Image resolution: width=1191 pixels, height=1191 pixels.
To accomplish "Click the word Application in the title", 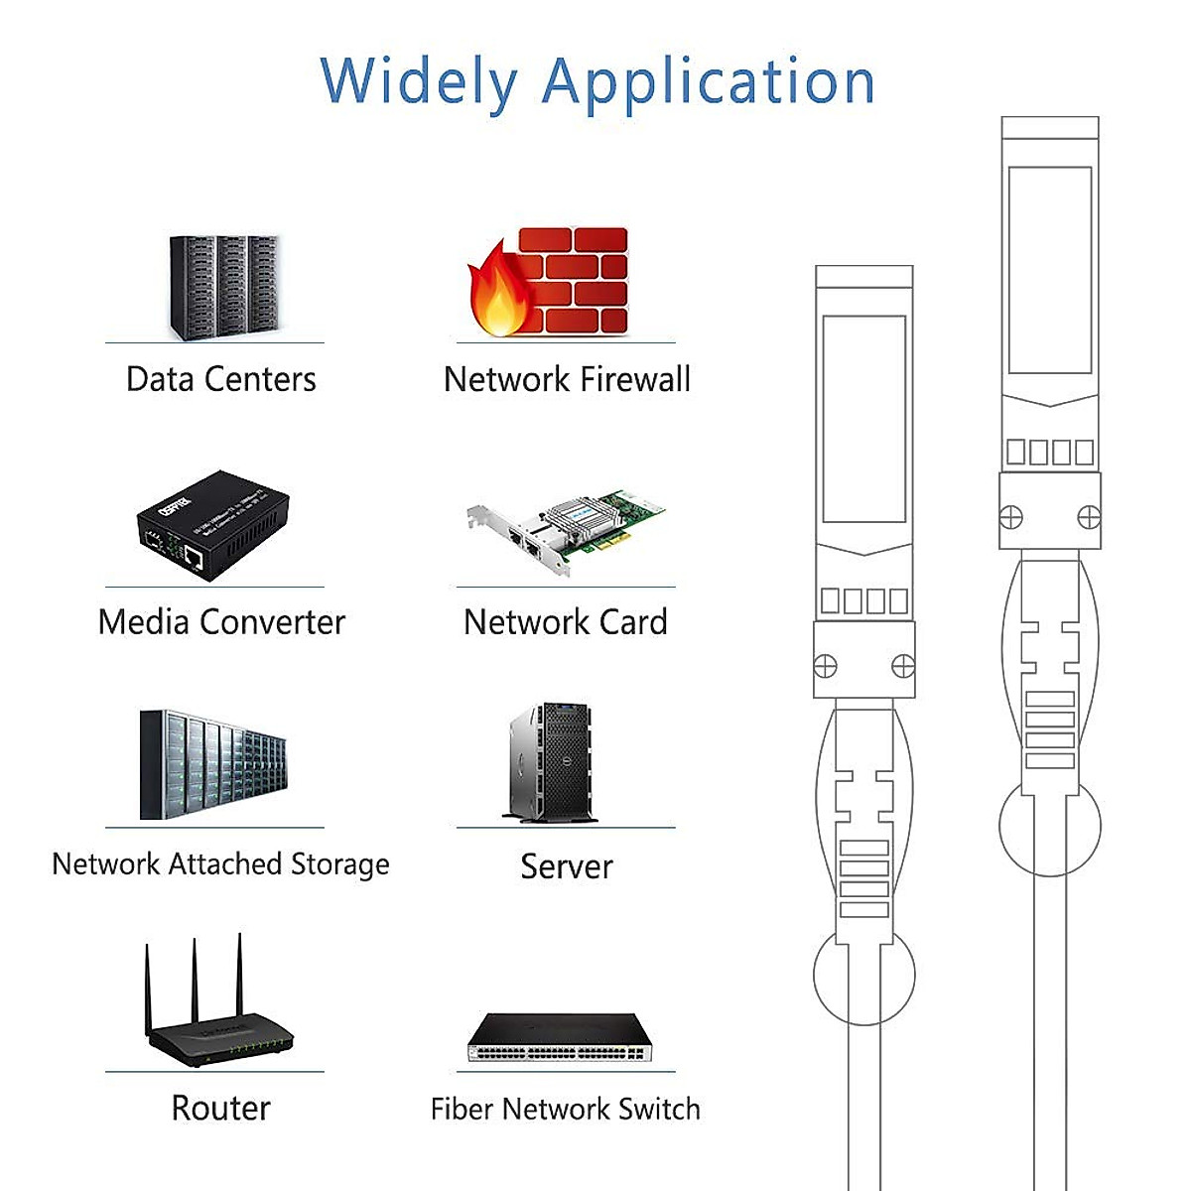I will pos(708,81).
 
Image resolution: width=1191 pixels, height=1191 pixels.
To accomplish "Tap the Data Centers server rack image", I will pos(223,287).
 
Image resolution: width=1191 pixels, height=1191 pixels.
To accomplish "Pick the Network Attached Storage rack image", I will pos(213,764).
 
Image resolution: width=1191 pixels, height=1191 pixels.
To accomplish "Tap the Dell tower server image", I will pos(552,762).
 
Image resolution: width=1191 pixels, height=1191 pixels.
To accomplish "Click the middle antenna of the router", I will pos(195,983).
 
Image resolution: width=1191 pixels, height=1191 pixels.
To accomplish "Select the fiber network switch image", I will pos(561,1038).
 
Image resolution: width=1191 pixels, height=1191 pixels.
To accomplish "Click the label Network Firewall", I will pos(567,379).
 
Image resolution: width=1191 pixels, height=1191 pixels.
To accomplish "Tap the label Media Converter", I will pos(221,622).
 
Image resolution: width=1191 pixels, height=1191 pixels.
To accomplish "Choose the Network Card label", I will pos(566,622).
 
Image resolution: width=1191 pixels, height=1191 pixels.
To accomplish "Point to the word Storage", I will pos(339,864).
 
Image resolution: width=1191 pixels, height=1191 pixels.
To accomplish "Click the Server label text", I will pos(567,866).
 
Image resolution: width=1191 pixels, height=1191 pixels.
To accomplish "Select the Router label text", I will pos(220,1108).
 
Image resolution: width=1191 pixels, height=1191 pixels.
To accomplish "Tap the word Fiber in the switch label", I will pos(462,1109).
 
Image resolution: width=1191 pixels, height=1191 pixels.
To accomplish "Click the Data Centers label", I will pos(221,379).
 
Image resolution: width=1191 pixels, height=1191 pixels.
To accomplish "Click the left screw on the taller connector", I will pos(1010,517).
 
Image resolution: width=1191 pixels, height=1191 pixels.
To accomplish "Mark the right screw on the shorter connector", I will pos(903,666).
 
